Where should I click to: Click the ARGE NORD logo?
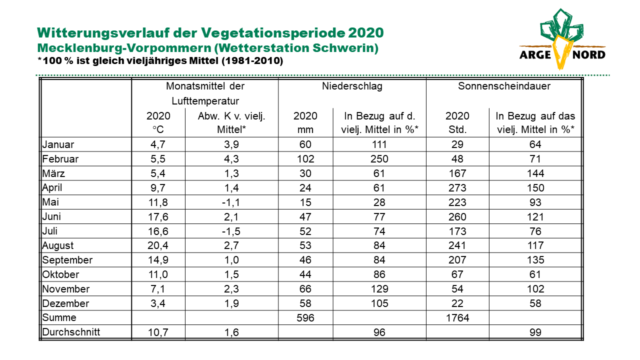tap(562, 39)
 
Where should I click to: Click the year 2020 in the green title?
tap(365, 33)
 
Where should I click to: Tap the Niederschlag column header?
tap(352, 86)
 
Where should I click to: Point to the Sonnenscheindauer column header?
tap(504, 86)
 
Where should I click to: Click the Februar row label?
tap(60, 159)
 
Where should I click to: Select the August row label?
tap(57, 245)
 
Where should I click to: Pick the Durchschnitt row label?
tap(71, 332)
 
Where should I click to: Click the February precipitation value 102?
tap(305, 159)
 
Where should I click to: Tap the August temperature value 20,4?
tap(158, 245)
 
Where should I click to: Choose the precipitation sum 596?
tap(305, 317)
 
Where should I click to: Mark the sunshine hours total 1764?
tap(457, 317)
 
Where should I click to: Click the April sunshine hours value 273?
tap(457, 187)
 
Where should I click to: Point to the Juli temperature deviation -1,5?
tap(231, 231)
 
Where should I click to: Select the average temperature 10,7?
tap(158, 332)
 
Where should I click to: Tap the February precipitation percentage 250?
tap(379, 159)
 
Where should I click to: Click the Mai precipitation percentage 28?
tap(379, 202)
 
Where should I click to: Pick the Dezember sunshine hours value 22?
tap(457, 303)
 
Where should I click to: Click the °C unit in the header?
tap(158, 129)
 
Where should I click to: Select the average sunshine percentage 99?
tap(535, 332)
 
